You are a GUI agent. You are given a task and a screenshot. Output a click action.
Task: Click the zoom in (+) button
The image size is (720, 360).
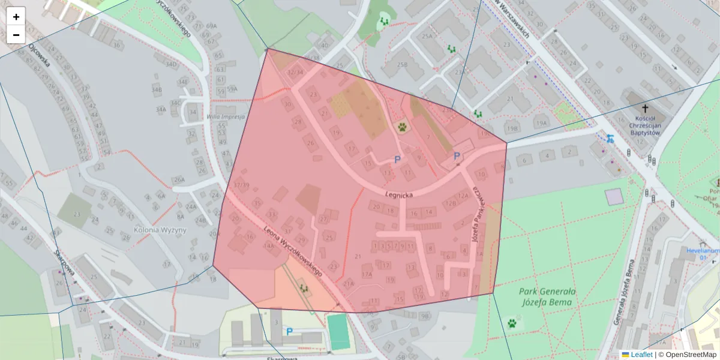[x=16, y=17]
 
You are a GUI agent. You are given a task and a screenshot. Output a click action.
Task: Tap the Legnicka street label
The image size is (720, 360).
[x=398, y=195]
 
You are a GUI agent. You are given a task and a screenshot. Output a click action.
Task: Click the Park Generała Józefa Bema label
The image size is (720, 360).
[x=547, y=296]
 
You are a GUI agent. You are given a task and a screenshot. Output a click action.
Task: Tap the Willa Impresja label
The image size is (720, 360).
[x=225, y=117]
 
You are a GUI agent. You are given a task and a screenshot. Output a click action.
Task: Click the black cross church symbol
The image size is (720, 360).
[x=646, y=109]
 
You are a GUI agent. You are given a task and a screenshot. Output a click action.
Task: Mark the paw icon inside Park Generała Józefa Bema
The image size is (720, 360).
[x=512, y=323]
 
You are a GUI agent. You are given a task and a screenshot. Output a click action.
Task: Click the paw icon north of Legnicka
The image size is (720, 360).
[x=401, y=127]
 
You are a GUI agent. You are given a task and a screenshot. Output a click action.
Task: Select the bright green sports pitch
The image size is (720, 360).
[x=338, y=331]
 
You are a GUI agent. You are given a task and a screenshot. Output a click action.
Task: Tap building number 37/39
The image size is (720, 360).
[x=242, y=185]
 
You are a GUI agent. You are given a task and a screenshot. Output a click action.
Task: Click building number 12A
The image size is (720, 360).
[x=463, y=195]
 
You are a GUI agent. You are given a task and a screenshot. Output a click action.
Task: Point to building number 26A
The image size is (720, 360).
[x=179, y=179]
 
